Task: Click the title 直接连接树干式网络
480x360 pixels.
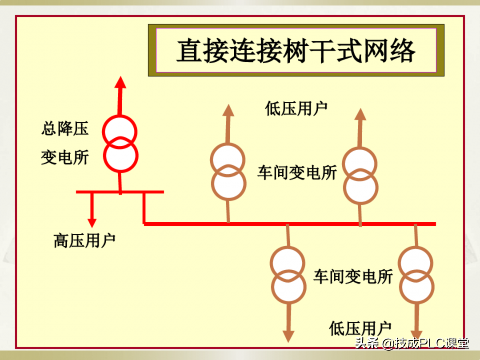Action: tap(296, 51)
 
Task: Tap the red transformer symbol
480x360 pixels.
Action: tap(120, 144)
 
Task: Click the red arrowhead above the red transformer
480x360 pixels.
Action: tap(120, 83)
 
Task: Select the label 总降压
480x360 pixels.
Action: tap(65, 129)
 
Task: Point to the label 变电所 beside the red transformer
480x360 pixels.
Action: tap(65, 157)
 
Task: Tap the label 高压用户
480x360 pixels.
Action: tap(84, 240)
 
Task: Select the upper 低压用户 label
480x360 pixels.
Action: tap(296, 108)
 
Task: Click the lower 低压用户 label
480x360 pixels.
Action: tap(360, 328)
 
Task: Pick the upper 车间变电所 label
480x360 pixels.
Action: tap(297, 172)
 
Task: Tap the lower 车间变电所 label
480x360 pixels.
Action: tap(353, 276)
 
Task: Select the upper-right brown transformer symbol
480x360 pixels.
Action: tap(360, 175)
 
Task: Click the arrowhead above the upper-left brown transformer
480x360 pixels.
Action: tap(228, 111)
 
